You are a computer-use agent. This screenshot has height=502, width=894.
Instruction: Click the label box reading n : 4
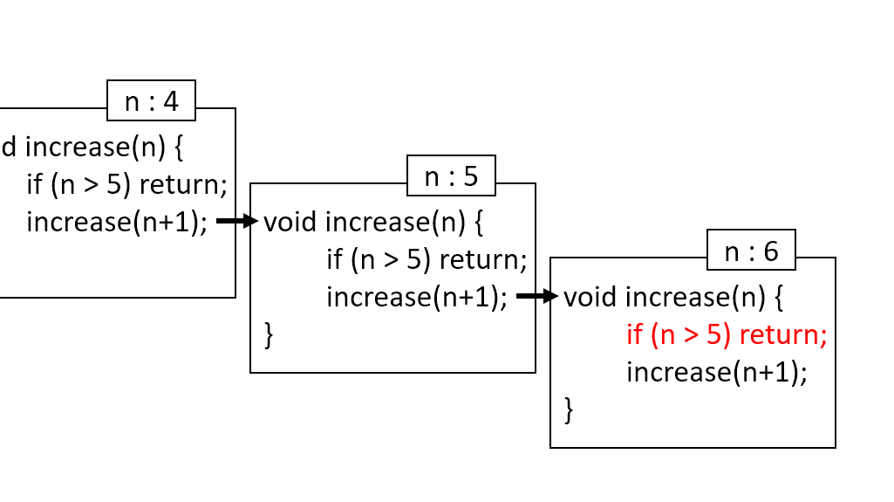(x=151, y=101)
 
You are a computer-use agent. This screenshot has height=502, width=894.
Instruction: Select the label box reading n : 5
(x=451, y=176)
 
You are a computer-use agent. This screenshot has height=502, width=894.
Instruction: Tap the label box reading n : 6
(x=751, y=251)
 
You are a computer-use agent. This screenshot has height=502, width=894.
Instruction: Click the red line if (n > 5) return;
(x=726, y=335)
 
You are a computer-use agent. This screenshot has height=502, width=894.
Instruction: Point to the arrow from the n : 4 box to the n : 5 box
(x=236, y=222)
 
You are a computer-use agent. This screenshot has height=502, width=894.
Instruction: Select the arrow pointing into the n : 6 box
(x=536, y=297)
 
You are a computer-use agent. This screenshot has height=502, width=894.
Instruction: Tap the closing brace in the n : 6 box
(x=570, y=409)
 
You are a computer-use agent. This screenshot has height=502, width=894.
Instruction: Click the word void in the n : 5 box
(x=290, y=222)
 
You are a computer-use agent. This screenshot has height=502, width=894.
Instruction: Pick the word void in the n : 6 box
(x=590, y=297)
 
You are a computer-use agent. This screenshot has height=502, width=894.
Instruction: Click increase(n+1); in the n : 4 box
(x=117, y=222)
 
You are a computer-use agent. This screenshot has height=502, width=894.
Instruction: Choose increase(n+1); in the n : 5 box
(x=417, y=297)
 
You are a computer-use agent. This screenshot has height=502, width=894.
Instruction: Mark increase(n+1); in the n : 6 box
(x=717, y=373)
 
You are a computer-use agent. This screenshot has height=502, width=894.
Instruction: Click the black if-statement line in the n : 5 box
(x=427, y=259)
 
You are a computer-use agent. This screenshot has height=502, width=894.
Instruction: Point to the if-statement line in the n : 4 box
(x=126, y=184)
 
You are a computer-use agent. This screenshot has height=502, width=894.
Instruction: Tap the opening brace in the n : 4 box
(x=179, y=147)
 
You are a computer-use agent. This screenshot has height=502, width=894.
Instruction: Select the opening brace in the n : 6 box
(x=779, y=298)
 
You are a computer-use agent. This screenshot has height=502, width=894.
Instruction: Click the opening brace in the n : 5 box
(x=478, y=223)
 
